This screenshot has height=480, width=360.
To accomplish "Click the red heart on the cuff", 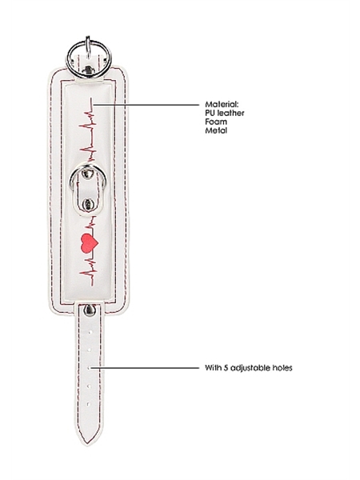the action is pos(90,243).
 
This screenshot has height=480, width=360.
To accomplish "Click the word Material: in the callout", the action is pos(222,104).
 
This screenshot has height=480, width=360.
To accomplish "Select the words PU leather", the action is pos(224,113).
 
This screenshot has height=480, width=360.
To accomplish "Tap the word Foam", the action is pos(216,122).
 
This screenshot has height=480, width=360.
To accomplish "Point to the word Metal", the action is pos(216,130).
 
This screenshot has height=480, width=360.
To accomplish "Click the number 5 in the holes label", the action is pos(226,367).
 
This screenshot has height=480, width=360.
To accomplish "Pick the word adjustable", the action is pos(248,368).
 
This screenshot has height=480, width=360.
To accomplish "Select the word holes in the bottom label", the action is pos(280,367).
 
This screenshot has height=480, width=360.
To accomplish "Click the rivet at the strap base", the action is pos(90,310).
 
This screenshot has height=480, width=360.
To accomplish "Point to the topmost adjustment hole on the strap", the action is pos(90,331).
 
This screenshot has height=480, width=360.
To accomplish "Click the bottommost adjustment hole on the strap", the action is pos(89,404).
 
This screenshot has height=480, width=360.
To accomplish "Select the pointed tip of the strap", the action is pos(86,444).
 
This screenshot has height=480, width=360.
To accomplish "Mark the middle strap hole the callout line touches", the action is pos(89,368).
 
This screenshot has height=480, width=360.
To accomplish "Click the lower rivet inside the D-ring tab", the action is pos(88,203).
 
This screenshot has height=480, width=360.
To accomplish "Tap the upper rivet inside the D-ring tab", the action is pos(88,174).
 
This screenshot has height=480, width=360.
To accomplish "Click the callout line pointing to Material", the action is pos(146,105).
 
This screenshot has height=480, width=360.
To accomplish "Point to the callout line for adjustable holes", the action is pos(145,368).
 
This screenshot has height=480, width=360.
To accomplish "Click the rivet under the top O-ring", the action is pos(89,70).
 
